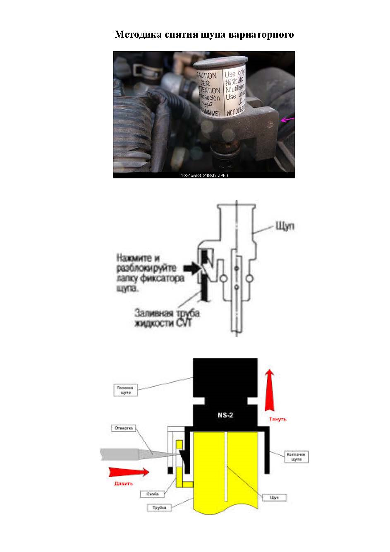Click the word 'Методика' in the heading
point(133,34)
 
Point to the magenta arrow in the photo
point(288,120)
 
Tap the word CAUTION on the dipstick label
point(206,76)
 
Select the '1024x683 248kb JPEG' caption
point(204,175)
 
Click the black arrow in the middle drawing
point(191,268)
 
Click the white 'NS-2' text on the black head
point(225,415)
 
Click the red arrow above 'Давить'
point(129,472)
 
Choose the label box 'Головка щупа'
point(125,390)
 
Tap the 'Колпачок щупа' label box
point(297,457)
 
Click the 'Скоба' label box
point(152,494)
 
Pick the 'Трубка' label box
point(159,507)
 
